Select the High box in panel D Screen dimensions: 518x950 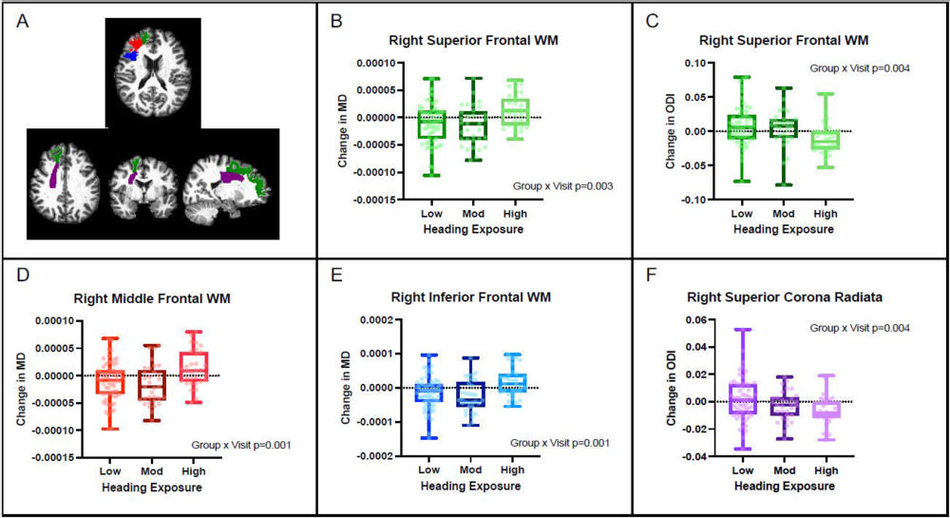click(x=194, y=366)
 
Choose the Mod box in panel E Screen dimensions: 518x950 click(x=470, y=393)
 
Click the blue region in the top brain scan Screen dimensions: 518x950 click(x=131, y=56)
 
